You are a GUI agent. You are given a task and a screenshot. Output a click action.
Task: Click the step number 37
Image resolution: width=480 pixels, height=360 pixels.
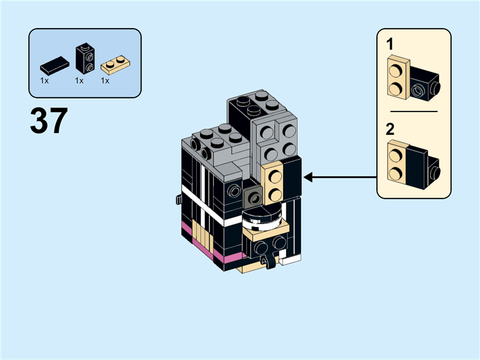[49, 121]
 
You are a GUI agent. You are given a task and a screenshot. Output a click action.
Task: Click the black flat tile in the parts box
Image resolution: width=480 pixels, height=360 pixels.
[54, 64]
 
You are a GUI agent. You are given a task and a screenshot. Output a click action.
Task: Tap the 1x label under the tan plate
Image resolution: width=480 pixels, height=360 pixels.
[105, 80]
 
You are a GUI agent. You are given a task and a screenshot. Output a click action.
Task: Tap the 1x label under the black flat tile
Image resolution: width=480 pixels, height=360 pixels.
[44, 80]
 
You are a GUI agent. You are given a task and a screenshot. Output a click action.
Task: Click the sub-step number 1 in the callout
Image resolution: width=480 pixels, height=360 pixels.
[390, 43]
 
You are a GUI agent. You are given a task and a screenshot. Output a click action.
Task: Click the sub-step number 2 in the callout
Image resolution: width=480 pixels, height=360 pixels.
[390, 128]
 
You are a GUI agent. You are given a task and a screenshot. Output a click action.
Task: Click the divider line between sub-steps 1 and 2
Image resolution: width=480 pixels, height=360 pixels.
[414, 112]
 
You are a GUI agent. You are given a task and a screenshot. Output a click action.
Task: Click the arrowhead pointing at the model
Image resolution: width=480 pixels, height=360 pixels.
[309, 177]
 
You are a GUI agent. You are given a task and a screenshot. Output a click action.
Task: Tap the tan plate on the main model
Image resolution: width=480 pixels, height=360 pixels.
[274, 183]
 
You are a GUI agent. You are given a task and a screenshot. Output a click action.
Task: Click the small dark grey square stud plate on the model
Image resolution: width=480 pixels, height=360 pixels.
[253, 195]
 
